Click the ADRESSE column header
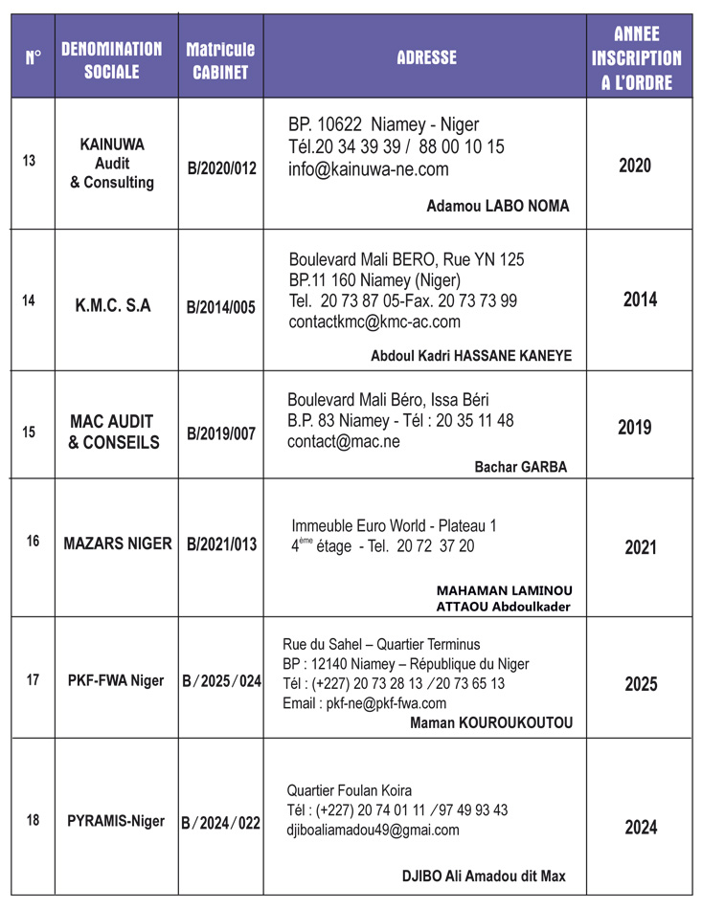point(426,57)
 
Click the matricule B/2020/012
point(221,169)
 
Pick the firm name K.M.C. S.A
point(113,306)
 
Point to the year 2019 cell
point(635,427)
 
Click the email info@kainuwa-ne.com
point(368,169)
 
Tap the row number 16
point(33,542)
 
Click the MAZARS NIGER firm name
point(117,543)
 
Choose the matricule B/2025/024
point(221,681)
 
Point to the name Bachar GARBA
point(521,467)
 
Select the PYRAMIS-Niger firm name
point(116,821)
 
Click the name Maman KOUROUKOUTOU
point(491,722)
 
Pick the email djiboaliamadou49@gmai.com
point(373,830)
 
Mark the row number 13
point(29,161)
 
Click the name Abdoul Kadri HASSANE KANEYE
point(471,355)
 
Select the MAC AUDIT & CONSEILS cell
point(113,432)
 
